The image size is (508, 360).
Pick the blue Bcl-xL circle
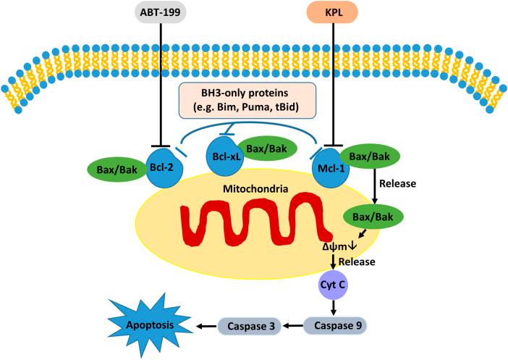tap(223, 154)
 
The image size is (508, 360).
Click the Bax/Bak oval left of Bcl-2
tap(115, 169)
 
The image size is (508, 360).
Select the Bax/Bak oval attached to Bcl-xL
tap(264, 148)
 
